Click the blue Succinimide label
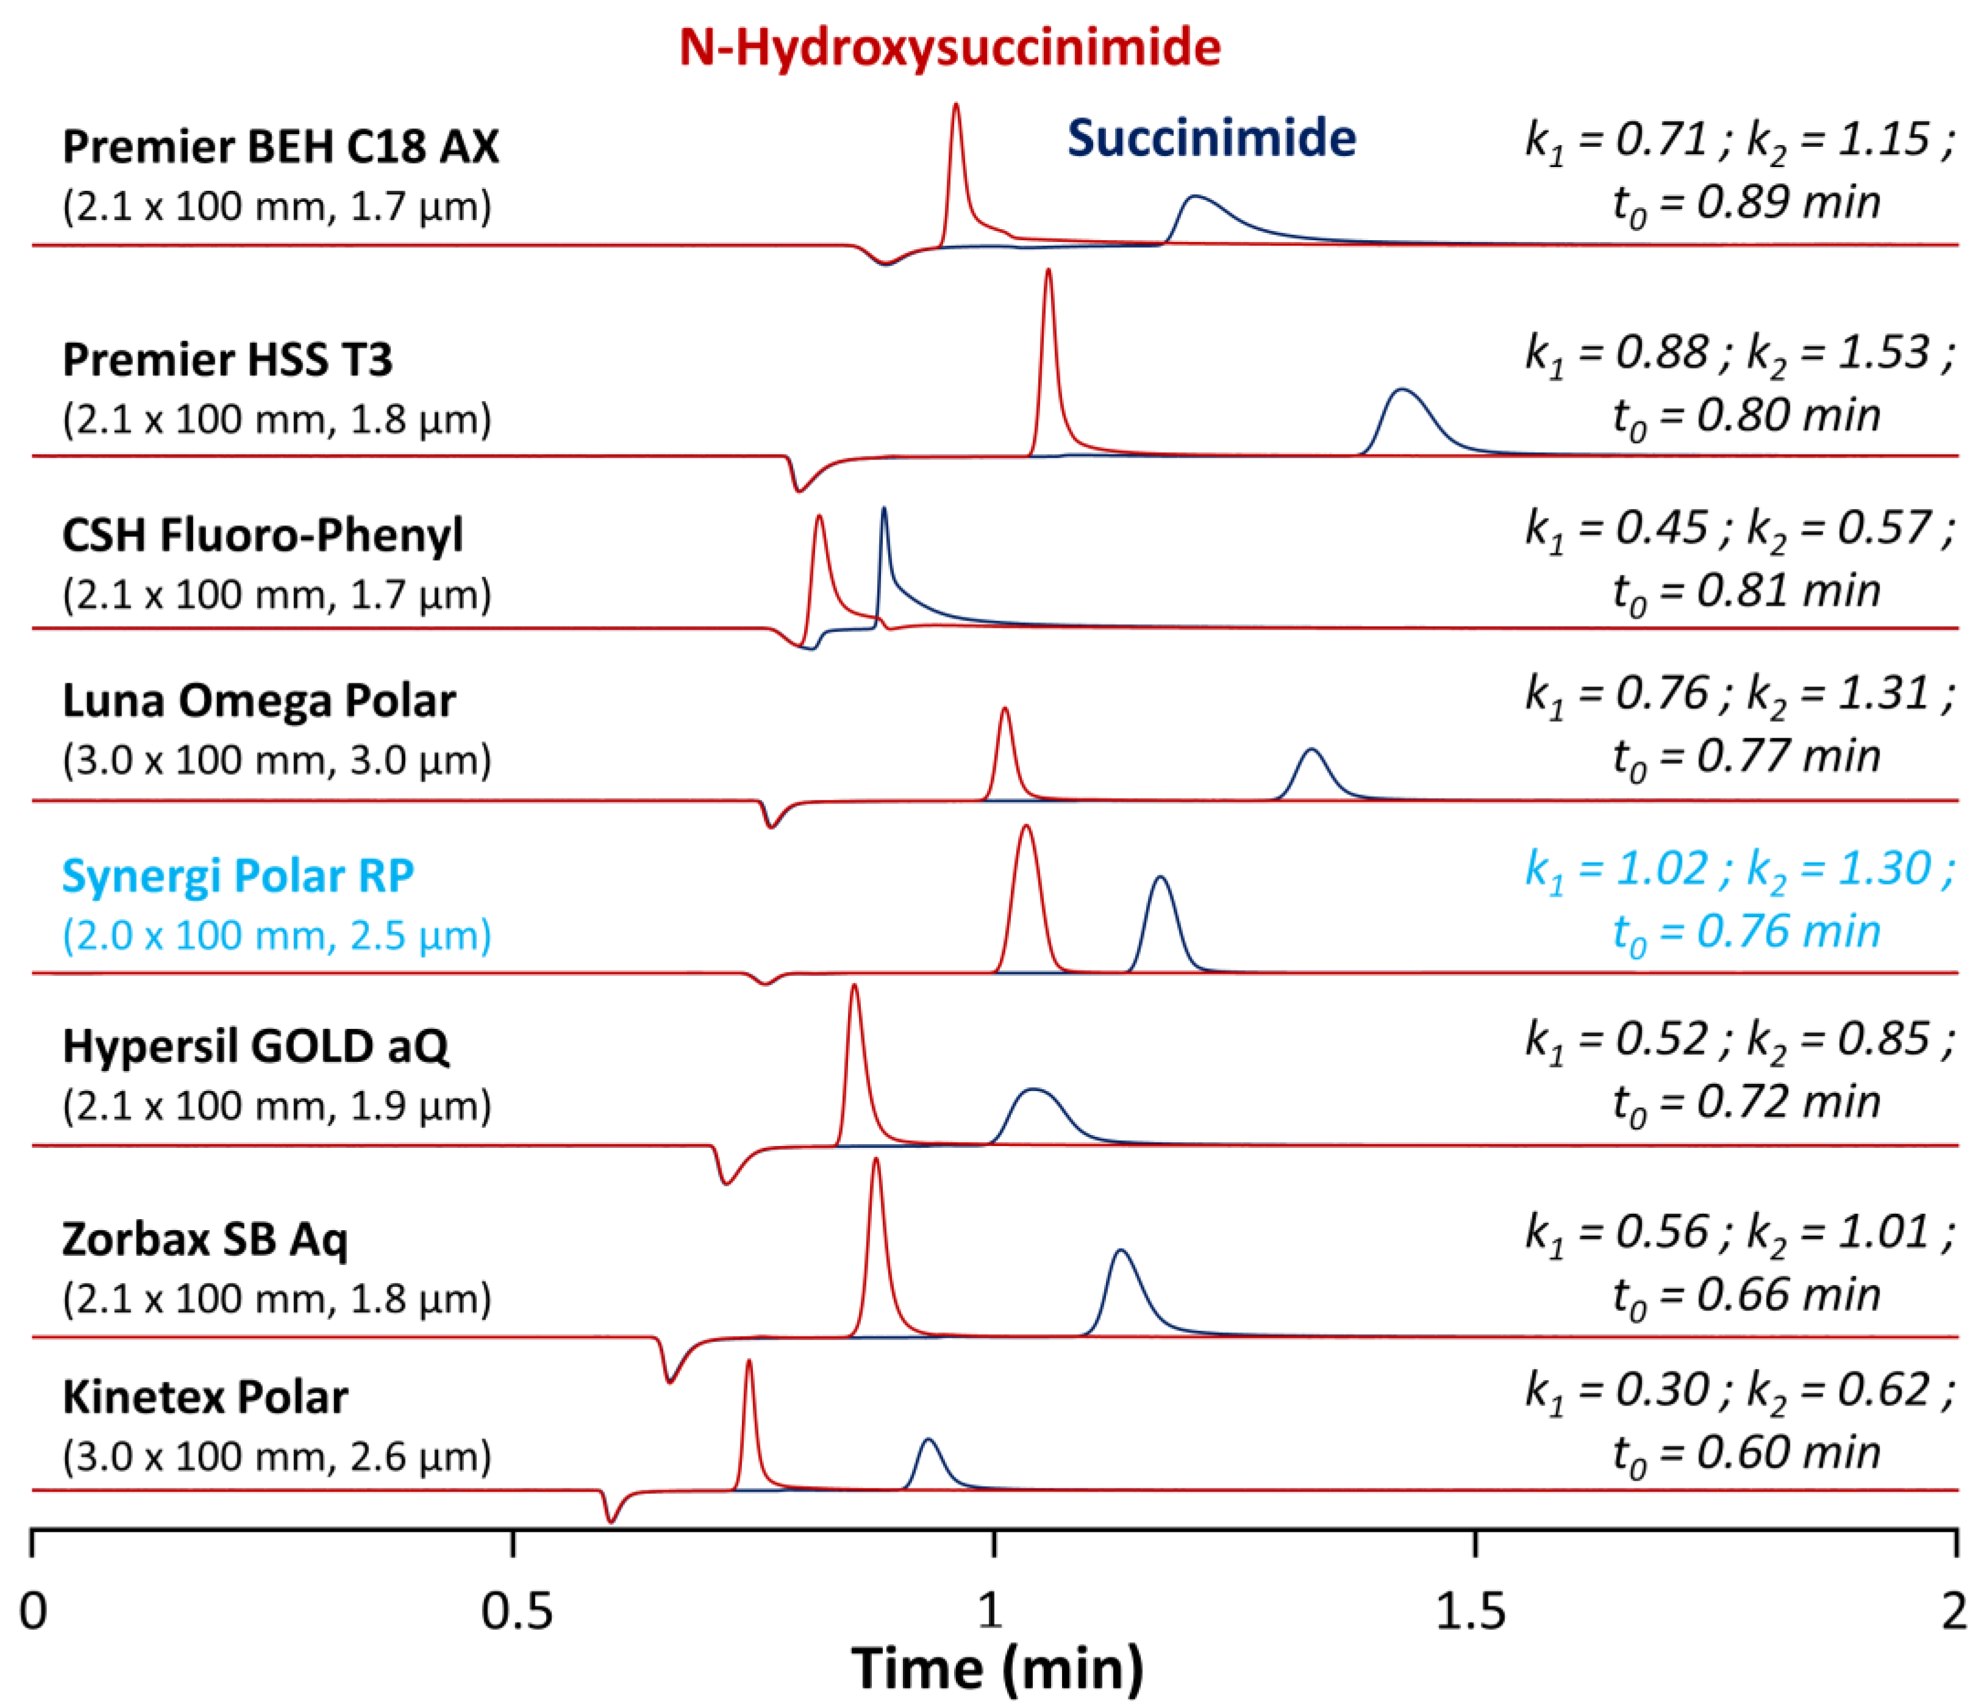[1211, 138]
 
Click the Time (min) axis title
[997, 1669]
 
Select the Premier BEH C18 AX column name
[280, 146]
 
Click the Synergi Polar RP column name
[237, 875]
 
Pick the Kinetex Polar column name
[205, 1397]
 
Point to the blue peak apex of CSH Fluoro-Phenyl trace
[884, 510]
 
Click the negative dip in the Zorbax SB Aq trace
[671, 1381]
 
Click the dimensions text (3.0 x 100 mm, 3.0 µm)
[276, 760]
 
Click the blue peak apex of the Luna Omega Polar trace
[1311, 751]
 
